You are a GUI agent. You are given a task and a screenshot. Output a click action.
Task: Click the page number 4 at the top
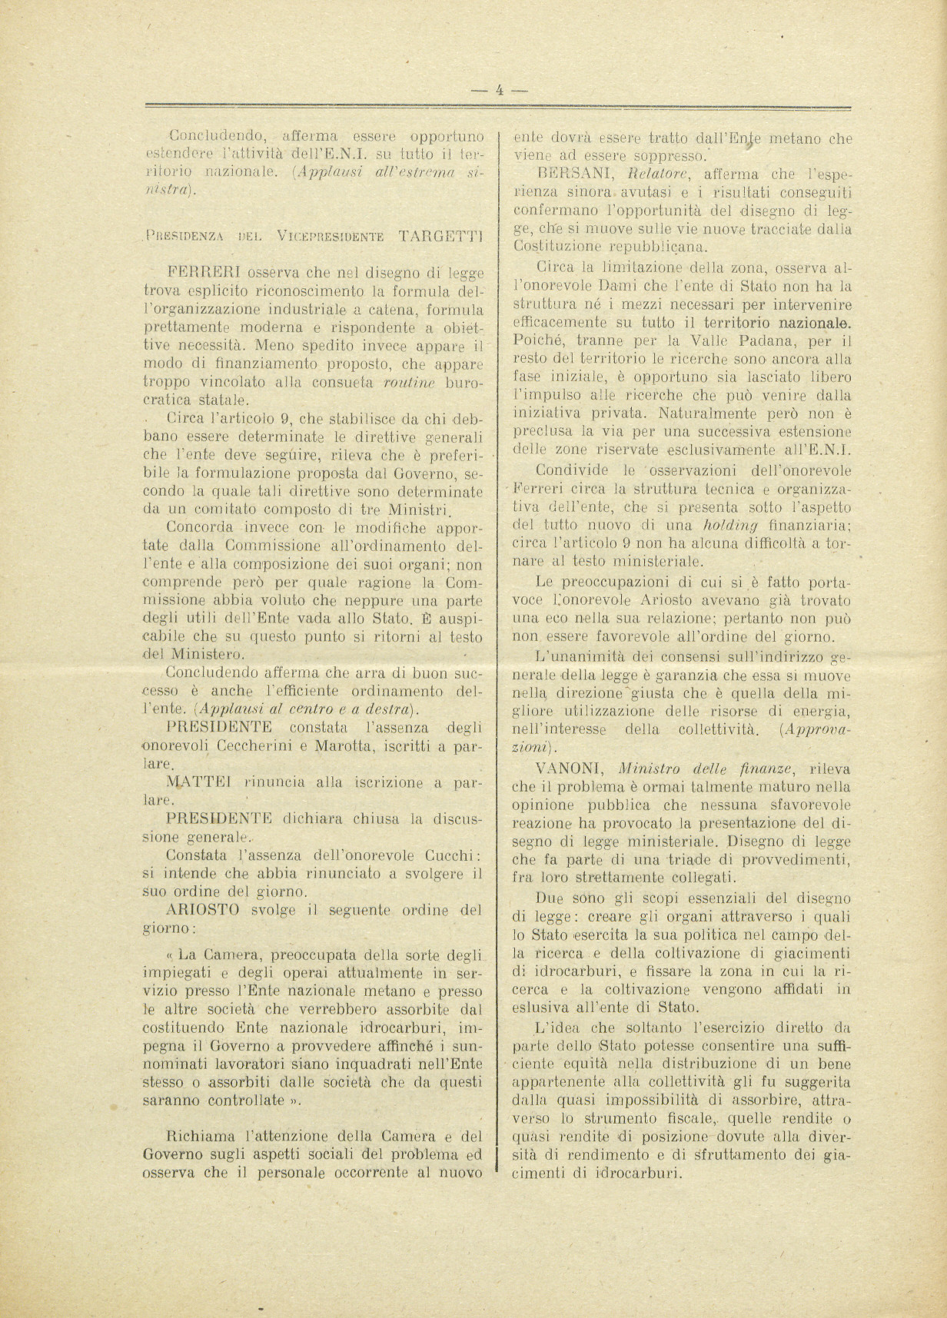point(499,88)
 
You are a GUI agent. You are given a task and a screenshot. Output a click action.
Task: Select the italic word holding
point(730,526)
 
